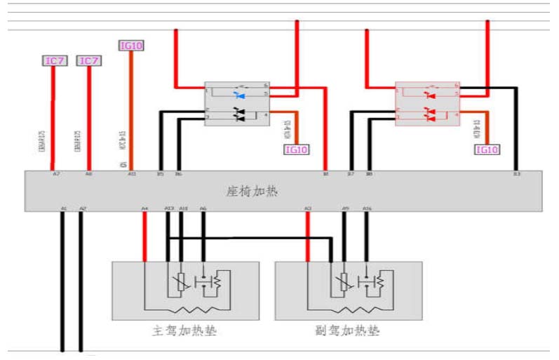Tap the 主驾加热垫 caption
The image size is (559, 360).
coord(184,330)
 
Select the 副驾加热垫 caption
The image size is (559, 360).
coord(349,330)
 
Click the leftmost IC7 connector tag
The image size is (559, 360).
coord(55,61)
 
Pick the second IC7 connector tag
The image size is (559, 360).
coord(88,61)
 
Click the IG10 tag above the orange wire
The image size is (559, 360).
coord(131,46)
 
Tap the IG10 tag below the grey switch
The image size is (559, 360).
coord(296,149)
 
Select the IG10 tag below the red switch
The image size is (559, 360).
coord(487,149)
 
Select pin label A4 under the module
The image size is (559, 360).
coord(144,208)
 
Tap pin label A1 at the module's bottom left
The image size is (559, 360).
coord(63,208)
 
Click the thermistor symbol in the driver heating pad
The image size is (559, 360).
coord(181,281)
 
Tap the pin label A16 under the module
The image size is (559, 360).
coord(366,208)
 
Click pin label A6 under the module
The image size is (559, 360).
coord(203,208)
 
